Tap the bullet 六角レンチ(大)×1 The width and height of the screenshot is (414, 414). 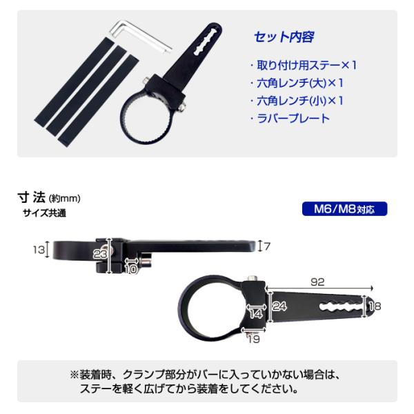[297, 84]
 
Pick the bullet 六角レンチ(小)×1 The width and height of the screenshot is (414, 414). [297, 101]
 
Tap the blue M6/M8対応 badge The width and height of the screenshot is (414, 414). [344, 209]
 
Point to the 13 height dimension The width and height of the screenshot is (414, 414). [39, 249]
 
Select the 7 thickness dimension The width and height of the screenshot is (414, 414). [268, 246]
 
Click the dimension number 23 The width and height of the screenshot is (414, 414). [101, 254]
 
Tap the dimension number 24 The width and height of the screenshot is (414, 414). [278, 306]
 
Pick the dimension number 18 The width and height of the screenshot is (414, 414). [375, 306]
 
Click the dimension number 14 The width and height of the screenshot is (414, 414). [256, 313]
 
